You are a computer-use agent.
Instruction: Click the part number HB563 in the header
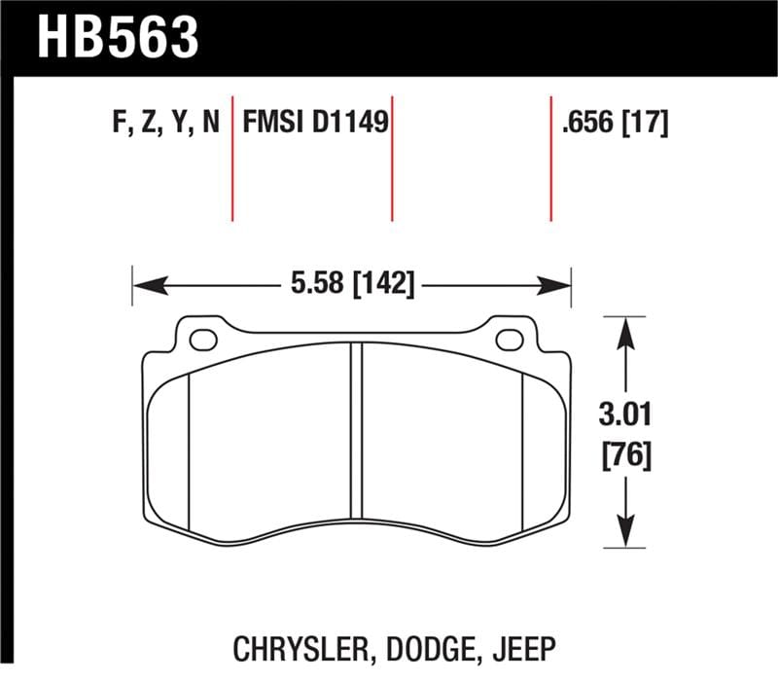pos(118,36)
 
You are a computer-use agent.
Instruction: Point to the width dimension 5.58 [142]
pos(351,285)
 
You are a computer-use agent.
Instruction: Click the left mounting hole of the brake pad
pos(202,340)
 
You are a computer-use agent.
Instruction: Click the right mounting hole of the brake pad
pos(510,340)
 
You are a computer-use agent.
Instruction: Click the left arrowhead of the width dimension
pos(145,285)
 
